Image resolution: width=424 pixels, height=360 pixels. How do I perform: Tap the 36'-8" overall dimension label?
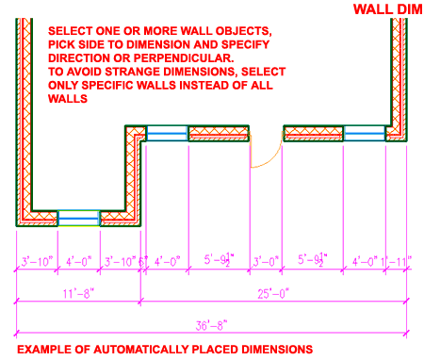tap(211, 324)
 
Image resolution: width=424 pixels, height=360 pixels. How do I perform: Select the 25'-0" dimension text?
tap(273, 293)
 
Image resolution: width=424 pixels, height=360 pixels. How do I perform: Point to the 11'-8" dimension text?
tap(78, 293)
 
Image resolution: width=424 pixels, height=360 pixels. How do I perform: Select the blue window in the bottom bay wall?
tap(78, 217)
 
